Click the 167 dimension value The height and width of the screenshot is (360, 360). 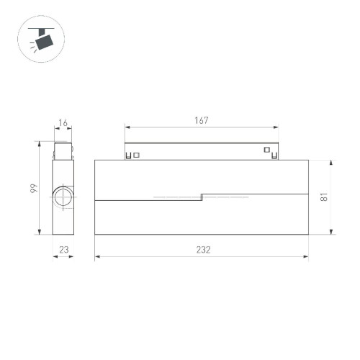201,121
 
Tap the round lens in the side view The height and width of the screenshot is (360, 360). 62,197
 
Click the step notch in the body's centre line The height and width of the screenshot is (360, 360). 202,196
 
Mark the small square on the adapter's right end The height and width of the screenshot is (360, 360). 266,150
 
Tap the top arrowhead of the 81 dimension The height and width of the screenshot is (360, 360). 330,161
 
